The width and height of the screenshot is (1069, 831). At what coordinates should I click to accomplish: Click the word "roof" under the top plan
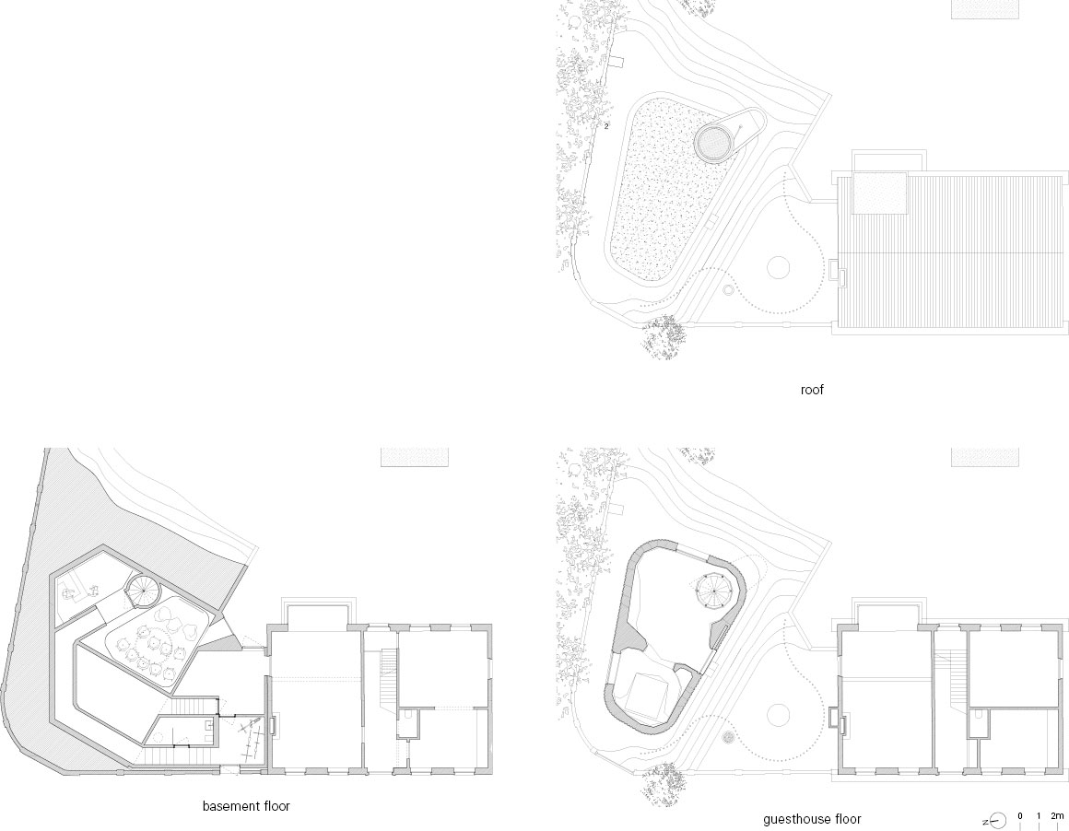[x=812, y=390]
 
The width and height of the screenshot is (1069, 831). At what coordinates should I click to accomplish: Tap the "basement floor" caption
[x=246, y=806]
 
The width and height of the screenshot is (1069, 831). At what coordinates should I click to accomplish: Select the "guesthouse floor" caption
[x=812, y=819]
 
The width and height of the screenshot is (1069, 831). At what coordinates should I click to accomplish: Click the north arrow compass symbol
[x=996, y=821]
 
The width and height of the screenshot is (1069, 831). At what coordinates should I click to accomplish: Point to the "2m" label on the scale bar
[x=1057, y=816]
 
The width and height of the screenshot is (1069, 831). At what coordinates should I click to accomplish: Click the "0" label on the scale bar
[x=1020, y=816]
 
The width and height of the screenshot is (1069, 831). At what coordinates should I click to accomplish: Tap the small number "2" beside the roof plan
[x=606, y=126]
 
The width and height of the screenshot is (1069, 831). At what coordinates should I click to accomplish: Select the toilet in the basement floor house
[x=406, y=717]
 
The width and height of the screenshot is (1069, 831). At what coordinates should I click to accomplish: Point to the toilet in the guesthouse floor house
[x=978, y=717]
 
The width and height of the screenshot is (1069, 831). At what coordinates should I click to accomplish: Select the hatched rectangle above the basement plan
[x=415, y=457]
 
